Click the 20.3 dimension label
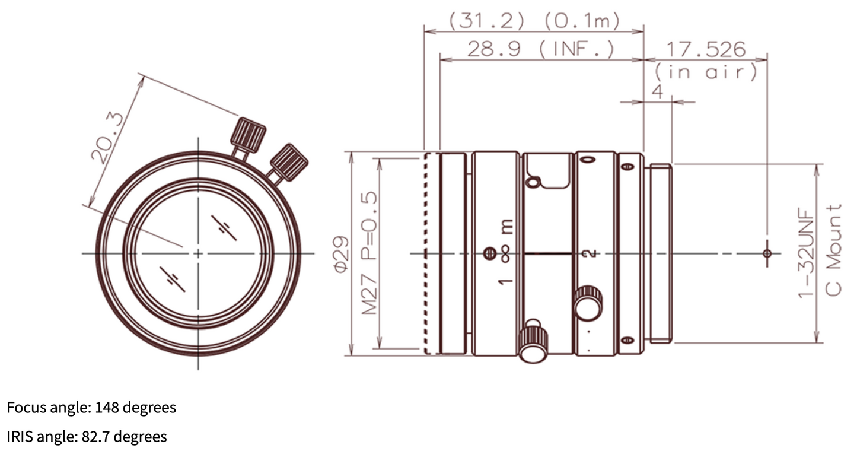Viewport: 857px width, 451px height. [x=107, y=138]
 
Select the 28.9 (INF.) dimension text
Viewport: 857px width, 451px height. [x=541, y=49]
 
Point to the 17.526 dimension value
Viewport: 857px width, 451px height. [x=706, y=49]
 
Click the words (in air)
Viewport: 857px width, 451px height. [x=706, y=72]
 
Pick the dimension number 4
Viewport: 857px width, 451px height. [x=657, y=92]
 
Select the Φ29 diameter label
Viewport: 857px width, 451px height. [x=342, y=253]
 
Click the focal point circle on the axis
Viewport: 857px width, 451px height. [x=767, y=253]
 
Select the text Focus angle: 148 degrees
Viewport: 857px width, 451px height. [x=92, y=408]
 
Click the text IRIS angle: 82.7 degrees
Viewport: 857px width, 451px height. [x=87, y=437]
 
